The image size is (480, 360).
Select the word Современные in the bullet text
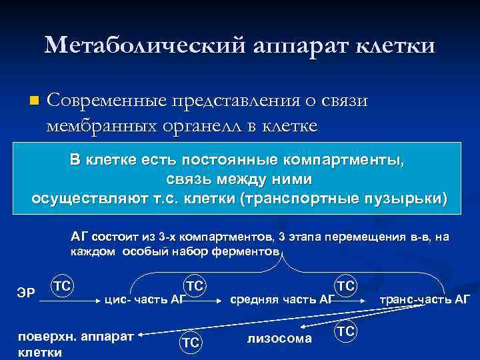(114, 100)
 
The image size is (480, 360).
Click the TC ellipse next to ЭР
(63, 285)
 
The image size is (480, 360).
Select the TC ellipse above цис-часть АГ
(195, 285)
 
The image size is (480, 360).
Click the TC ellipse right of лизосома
(345, 332)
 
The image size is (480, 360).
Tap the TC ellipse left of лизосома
(191, 342)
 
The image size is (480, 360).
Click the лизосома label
(279, 339)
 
